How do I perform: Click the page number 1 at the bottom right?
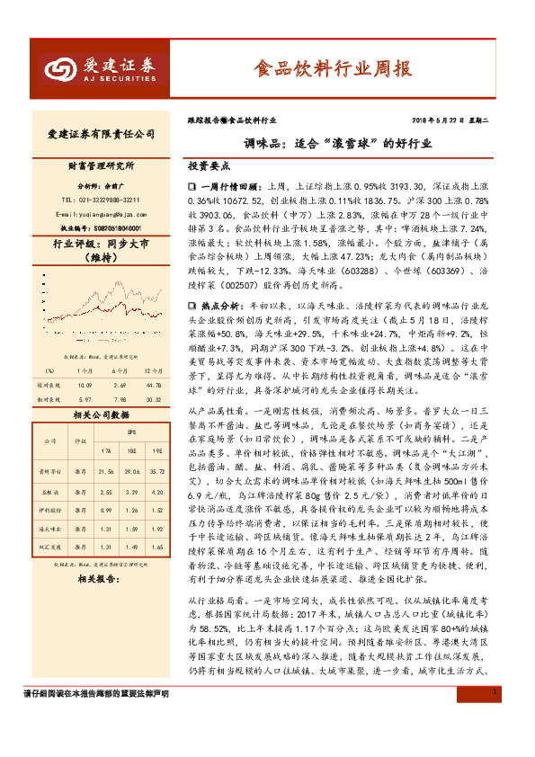[495, 717]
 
